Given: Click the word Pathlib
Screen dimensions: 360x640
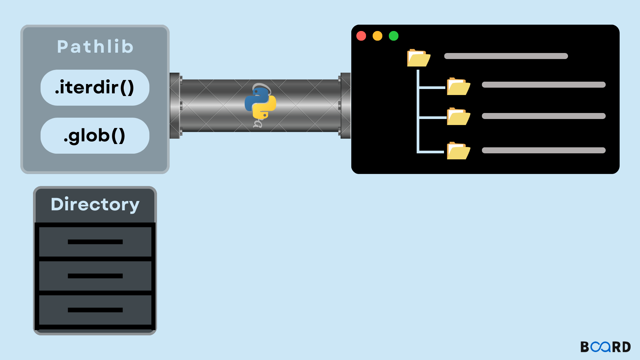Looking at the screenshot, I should click(x=95, y=47).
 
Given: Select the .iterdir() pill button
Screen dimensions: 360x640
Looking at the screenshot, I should click(x=95, y=88).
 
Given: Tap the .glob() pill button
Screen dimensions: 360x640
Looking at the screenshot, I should click(x=95, y=136).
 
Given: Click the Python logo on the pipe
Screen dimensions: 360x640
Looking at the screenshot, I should click(x=260, y=103).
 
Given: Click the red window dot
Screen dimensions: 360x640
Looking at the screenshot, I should click(x=361, y=36).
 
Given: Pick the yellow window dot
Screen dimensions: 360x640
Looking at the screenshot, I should click(x=377, y=36).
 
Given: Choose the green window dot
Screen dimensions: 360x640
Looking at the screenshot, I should click(x=394, y=36).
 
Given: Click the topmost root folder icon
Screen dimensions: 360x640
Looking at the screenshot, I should click(x=419, y=58).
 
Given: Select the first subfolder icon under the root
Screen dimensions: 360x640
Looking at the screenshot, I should click(x=458, y=87).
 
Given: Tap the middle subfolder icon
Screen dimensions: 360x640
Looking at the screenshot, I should click(x=458, y=117).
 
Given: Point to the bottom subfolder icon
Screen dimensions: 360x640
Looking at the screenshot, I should click(x=458, y=151).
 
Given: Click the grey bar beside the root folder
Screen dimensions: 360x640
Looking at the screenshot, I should click(x=506, y=56).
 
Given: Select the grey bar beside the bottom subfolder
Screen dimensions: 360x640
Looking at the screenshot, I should click(x=544, y=150).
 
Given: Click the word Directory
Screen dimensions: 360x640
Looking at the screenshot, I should click(x=95, y=204).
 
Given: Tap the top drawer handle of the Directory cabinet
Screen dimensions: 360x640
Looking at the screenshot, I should click(x=95, y=242).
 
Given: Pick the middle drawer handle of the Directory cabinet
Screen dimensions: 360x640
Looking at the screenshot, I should click(x=95, y=276).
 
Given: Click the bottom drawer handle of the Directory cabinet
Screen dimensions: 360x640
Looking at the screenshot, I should click(x=95, y=310).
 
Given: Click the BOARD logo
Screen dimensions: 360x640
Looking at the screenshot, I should click(x=605, y=347).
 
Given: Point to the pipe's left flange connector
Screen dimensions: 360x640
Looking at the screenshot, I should click(x=175, y=106).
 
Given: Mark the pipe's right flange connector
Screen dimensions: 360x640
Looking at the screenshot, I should click(x=345, y=106).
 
